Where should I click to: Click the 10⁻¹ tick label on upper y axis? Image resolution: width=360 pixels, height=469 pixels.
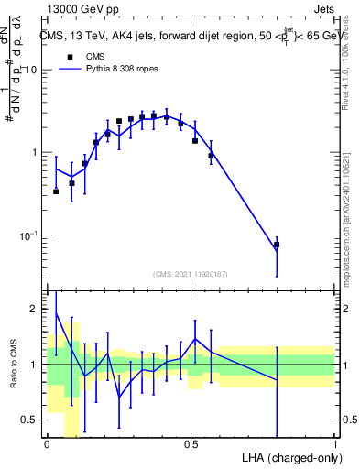point(30,235)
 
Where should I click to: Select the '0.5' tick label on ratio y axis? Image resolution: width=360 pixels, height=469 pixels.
point(32,420)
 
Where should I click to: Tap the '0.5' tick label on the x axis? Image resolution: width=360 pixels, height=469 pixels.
point(191,444)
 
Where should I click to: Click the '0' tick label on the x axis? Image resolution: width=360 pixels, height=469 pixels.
point(47,444)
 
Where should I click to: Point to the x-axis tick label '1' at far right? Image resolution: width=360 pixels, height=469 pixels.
point(334,444)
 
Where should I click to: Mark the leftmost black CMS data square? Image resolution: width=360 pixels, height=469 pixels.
point(56,191)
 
